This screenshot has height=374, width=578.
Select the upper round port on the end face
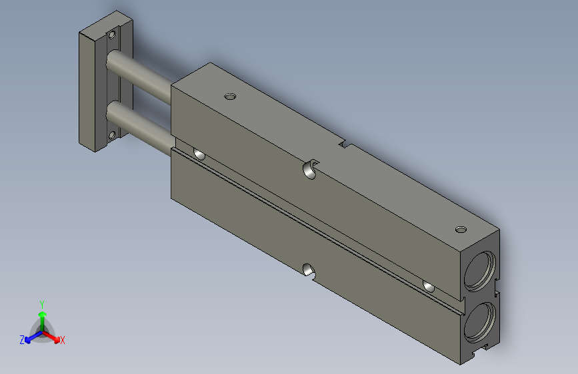[479, 270]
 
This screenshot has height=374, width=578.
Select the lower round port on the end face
[479, 319]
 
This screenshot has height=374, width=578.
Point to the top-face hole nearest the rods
[231, 97]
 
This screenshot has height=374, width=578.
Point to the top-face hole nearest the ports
[460, 230]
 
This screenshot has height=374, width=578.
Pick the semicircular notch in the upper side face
[309, 169]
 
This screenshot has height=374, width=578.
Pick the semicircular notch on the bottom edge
[309, 270]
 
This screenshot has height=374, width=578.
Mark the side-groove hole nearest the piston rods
[199, 154]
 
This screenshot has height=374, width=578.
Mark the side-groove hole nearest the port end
[429, 286]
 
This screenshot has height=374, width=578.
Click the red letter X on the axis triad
[63, 340]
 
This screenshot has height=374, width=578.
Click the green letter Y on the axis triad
[41, 303]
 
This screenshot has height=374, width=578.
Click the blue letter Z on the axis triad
[22, 339]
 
